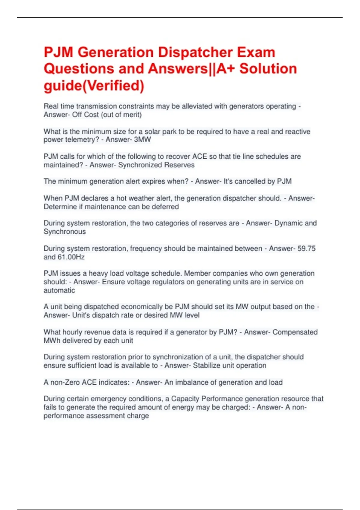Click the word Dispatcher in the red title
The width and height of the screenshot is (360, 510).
coord(196,52)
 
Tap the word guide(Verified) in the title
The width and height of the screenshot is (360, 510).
coord(94,85)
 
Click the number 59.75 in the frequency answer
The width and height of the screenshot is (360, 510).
coord(306,248)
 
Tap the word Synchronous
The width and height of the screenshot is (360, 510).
coord(64,232)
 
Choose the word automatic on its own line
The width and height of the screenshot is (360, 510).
coord(59,290)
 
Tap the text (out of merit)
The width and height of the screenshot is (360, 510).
coord(121,115)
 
